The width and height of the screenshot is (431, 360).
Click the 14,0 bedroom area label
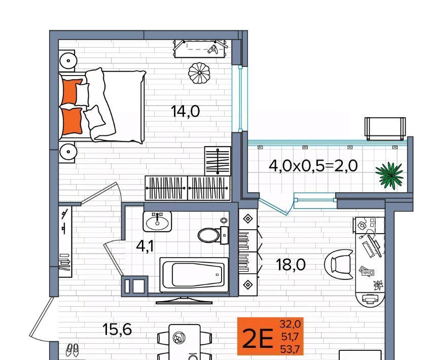point(185,112)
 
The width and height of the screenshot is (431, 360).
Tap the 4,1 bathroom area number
point(145,246)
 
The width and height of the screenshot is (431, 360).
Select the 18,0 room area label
point(291,265)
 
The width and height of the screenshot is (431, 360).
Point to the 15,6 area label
point(117,329)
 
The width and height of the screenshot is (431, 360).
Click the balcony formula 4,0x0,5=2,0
point(313,166)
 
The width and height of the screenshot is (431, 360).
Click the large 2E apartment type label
point(258,338)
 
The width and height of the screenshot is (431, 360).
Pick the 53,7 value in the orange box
point(290,349)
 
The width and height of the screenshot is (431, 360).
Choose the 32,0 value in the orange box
point(290,325)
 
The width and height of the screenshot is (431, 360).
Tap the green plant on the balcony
point(389,175)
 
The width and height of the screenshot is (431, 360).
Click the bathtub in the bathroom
point(194,274)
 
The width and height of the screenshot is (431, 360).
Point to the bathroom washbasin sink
point(157,222)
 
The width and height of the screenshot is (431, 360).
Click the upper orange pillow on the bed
point(71,91)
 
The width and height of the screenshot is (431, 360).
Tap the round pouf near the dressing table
point(199,73)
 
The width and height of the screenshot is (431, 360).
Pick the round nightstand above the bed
point(67,61)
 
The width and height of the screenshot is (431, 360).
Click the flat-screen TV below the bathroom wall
point(184,300)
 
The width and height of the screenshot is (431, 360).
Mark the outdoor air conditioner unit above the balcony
point(385,129)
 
